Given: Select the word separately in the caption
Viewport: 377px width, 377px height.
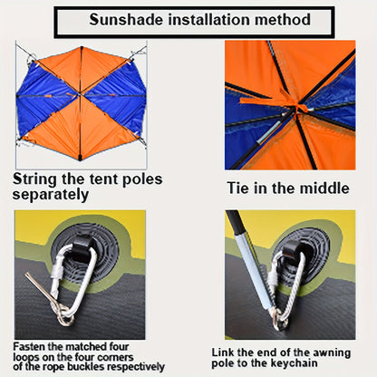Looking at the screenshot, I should click(x=51, y=193).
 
